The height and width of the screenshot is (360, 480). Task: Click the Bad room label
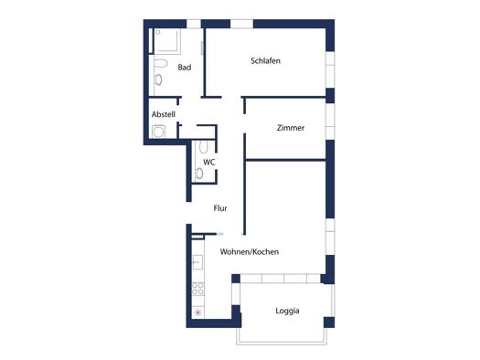tap(185, 68)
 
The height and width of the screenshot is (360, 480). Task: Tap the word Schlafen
tap(265, 60)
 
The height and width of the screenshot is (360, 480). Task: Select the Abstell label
tap(164, 114)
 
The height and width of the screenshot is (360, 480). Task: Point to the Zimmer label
tap(291, 128)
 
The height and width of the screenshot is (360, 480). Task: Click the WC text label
tap(209, 162)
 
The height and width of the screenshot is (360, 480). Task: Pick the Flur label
tap(220, 208)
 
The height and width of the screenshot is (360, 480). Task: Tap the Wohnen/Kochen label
tap(250, 251)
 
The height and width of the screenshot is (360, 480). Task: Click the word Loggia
tap(287, 311)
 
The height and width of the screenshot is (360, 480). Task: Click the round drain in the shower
tap(158, 32)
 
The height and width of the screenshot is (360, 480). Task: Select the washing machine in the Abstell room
tap(158, 132)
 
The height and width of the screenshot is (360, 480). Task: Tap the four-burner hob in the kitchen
tap(197, 289)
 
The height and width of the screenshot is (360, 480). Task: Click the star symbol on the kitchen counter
tap(198, 312)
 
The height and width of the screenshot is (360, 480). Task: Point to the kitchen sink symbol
tap(197, 262)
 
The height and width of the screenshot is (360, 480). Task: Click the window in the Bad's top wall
tap(194, 24)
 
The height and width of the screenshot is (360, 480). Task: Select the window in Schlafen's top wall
tap(242, 24)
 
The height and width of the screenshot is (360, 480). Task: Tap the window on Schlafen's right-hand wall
tap(330, 69)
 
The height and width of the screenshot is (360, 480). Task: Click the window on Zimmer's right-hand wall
tap(330, 122)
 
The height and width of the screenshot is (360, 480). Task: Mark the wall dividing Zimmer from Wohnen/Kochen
tap(285, 160)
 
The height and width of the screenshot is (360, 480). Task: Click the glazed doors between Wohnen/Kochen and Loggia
tap(281, 279)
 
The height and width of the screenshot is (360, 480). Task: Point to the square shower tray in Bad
tap(166, 41)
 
